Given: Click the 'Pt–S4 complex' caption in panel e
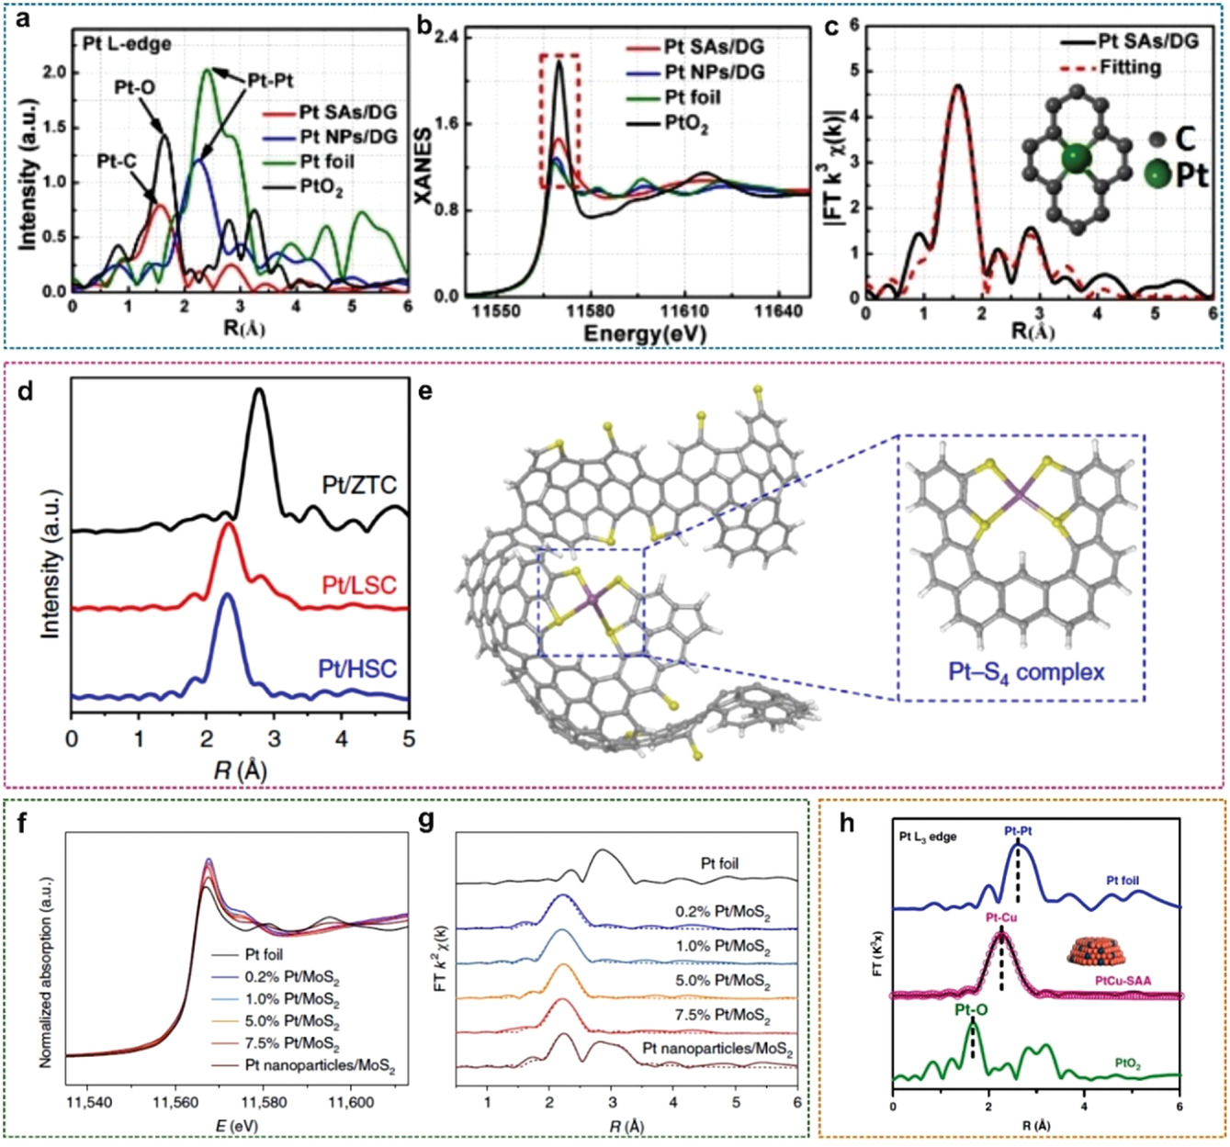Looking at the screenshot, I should pyautogui.click(x=1021, y=671).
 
